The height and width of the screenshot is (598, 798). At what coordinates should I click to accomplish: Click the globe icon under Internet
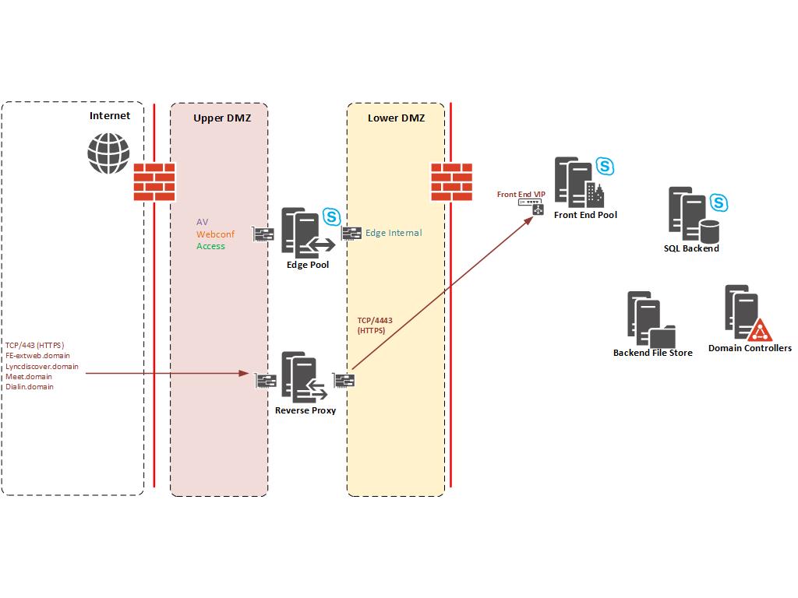pos(108,153)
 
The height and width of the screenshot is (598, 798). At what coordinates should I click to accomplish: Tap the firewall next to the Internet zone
pos(154,182)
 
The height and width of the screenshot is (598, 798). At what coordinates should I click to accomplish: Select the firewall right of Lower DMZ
pos(452,182)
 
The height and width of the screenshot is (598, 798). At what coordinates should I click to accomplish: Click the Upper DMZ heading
pos(218,118)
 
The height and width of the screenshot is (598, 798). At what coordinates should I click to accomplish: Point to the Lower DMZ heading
pos(396,118)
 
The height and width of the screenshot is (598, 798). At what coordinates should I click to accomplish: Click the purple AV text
pos(202,222)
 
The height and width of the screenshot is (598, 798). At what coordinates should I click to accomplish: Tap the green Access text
pos(210,246)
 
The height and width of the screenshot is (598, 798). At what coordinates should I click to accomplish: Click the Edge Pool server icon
pos(300,232)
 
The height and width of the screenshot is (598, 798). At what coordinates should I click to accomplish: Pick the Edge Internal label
pos(394,233)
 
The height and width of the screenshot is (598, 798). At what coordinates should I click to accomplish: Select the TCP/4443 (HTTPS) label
pos(374,325)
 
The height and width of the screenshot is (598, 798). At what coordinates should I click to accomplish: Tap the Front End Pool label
pos(585,215)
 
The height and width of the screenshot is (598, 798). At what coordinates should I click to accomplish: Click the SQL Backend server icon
pos(691,215)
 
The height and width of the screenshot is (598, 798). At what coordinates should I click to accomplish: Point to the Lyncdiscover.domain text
pos(41,366)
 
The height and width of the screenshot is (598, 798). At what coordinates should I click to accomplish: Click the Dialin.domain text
pos(30,386)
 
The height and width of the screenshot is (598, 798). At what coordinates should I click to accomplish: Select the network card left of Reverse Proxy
pos(266,381)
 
